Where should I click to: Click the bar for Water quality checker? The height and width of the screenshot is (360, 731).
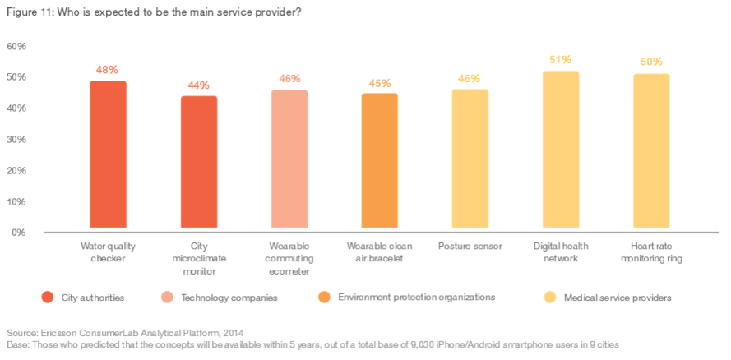click(108, 155)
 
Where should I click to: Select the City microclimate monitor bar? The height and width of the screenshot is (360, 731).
click(199, 162)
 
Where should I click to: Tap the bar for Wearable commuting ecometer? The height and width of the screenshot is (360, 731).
click(289, 159)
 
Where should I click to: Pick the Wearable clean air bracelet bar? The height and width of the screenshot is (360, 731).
click(379, 160)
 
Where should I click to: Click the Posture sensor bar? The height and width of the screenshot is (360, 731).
click(470, 159)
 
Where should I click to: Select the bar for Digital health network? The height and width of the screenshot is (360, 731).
click(561, 150)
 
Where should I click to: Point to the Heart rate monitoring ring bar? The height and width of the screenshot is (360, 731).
click(651, 151)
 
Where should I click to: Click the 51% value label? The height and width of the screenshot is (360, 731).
click(561, 60)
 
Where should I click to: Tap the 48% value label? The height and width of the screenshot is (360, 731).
click(108, 70)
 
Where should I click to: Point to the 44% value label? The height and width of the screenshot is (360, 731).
click(199, 85)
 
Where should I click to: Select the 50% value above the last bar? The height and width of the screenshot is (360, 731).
click(651, 62)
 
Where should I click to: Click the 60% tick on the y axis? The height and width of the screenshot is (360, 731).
click(17, 46)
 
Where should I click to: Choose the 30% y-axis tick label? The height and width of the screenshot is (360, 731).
click(17, 140)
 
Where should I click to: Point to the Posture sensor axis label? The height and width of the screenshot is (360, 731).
click(470, 246)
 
